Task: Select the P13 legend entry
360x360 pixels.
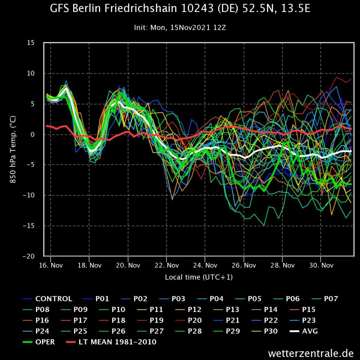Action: pos(232,310)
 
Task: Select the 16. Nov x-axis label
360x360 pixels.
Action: pos(51,265)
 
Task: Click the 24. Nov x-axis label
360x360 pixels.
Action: pos(205,265)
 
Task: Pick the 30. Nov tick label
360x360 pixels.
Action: pos(321,265)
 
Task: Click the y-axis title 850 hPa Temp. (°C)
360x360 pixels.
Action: pos(13,149)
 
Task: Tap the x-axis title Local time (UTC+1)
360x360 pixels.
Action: pos(198,277)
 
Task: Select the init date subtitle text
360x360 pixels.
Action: pos(180,27)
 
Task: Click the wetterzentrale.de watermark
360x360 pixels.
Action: pos(311,353)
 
